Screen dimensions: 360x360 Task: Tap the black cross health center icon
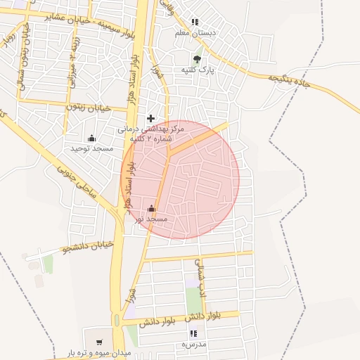click(x=150, y=118)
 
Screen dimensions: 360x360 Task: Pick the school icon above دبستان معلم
click(x=195, y=22)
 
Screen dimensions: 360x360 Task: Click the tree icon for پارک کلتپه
click(x=196, y=59)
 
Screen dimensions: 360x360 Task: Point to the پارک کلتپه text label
click(x=196, y=70)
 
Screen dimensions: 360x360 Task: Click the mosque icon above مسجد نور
click(x=152, y=208)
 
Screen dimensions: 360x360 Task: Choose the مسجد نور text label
click(x=152, y=219)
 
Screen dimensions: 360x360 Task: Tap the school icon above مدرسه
click(x=193, y=333)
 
